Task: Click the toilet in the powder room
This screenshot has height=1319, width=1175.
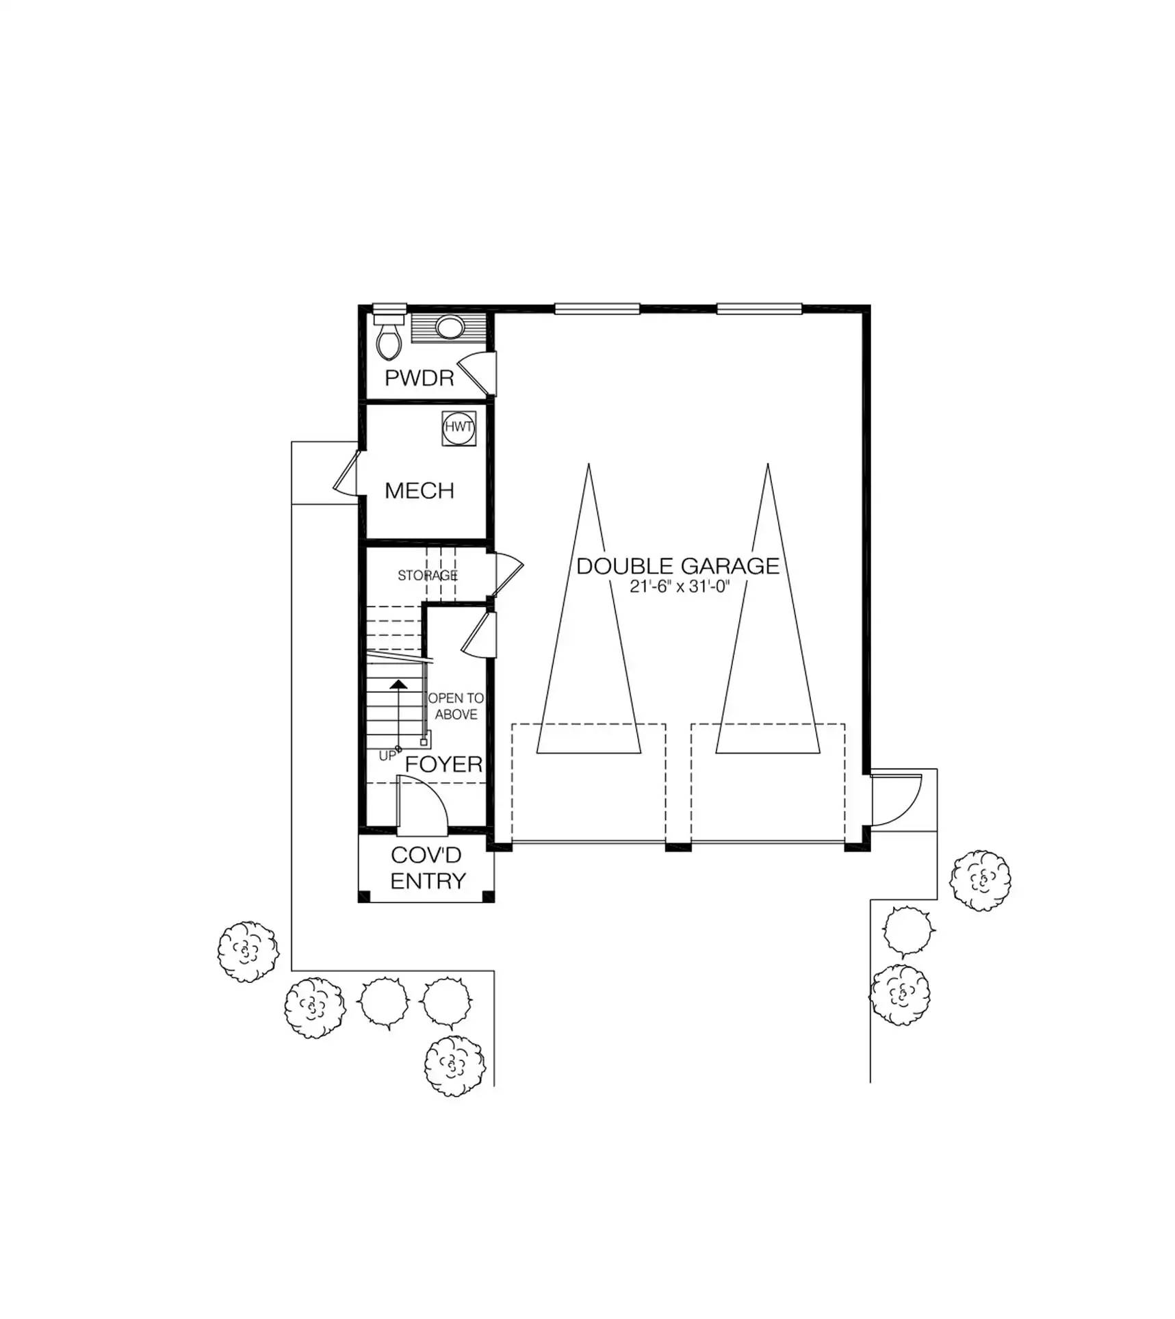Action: pyautogui.click(x=389, y=339)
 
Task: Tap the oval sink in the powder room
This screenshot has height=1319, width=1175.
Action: pyautogui.click(x=449, y=327)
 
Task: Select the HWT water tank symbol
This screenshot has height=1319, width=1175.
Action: pyautogui.click(x=459, y=428)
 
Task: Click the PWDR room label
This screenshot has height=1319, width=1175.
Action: pyautogui.click(x=419, y=378)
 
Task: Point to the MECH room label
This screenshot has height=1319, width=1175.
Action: pyautogui.click(x=419, y=490)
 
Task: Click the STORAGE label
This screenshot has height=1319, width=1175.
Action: pyautogui.click(x=428, y=576)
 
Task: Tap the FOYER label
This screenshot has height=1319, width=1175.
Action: pyautogui.click(x=443, y=764)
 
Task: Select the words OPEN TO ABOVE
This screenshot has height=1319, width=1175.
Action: pyautogui.click(x=456, y=706)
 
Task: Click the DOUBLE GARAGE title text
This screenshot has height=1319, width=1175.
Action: pyautogui.click(x=677, y=566)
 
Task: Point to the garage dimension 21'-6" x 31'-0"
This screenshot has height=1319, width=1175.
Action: pyautogui.click(x=680, y=587)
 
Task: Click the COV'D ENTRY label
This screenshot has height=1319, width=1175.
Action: pyautogui.click(x=426, y=868)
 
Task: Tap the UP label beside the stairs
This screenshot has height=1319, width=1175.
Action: pyautogui.click(x=387, y=756)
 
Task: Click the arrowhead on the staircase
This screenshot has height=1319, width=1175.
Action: pyautogui.click(x=398, y=684)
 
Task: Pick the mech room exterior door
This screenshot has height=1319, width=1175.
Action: pyautogui.click(x=347, y=472)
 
